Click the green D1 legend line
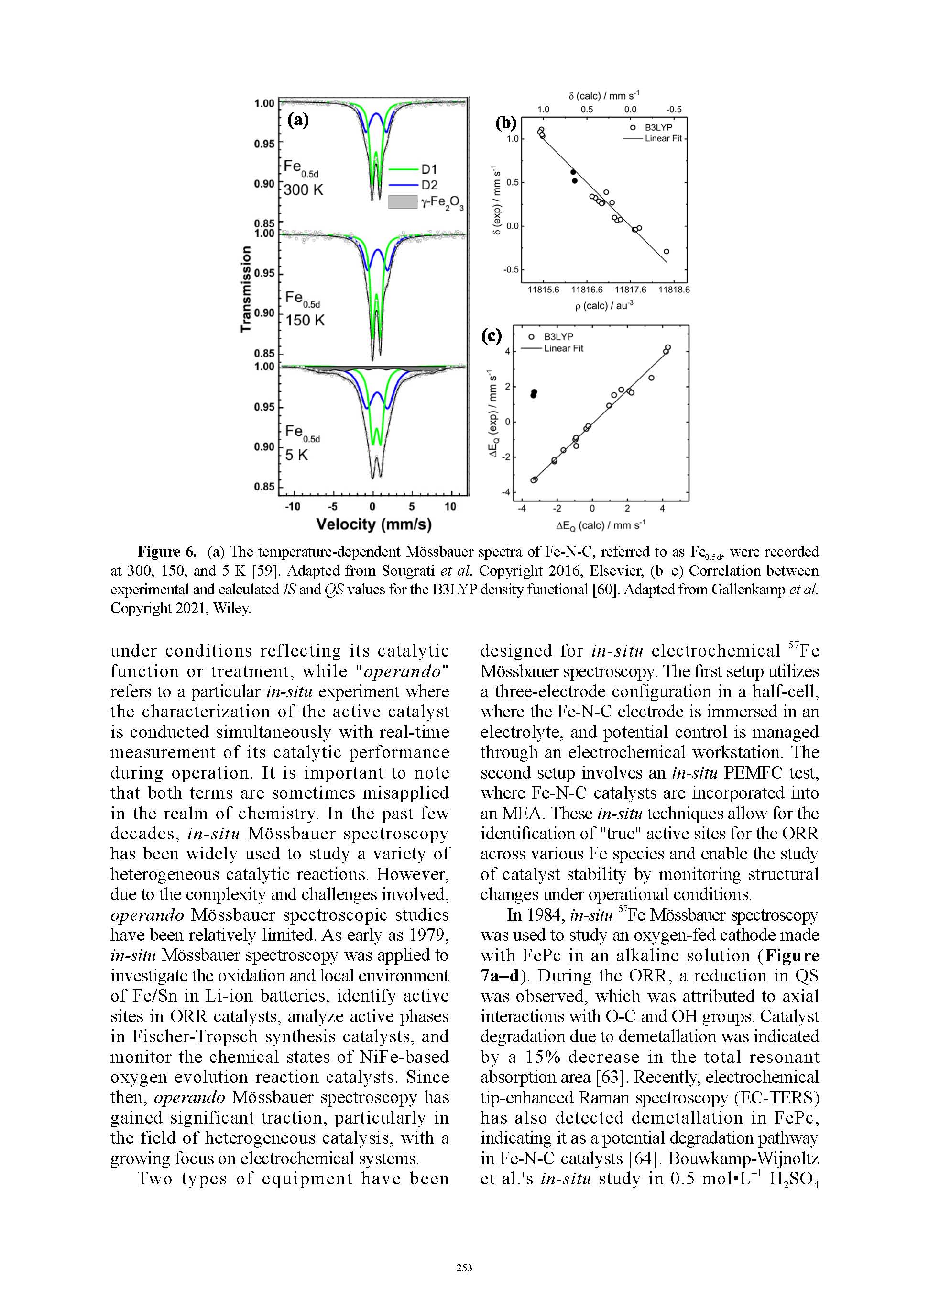[x=404, y=169]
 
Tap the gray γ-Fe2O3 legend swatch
[x=403, y=201]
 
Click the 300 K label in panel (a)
[x=303, y=189]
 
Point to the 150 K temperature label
[x=305, y=320]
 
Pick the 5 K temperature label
[x=296, y=455]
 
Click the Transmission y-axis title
[x=246, y=289]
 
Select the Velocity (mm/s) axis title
[x=374, y=524]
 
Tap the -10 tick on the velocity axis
[x=293, y=506]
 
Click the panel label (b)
[x=506, y=123]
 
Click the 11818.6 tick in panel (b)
[x=674, y=290]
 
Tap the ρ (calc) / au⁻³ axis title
[x=604, y=305]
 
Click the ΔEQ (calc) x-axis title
[x=601, y=525]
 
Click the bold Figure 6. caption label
[x=166, y=552]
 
